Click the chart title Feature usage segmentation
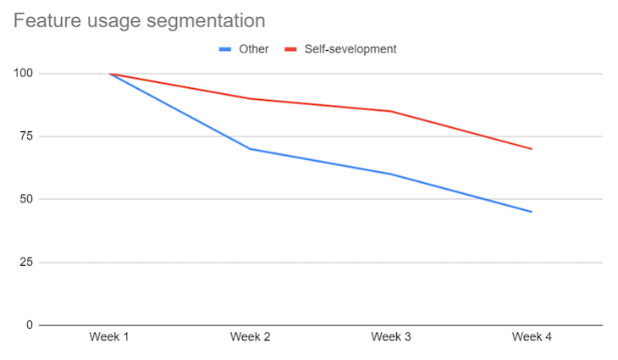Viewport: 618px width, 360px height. coord(139,19)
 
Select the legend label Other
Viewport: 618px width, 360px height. coord(254,49)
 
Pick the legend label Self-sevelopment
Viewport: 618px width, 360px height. coord(350,49)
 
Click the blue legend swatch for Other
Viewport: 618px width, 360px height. coord(225,49)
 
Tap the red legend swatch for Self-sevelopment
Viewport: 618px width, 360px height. coord(290,49)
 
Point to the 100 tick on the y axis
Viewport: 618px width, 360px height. coord(23,74)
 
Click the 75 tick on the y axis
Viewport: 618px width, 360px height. coord(26,136)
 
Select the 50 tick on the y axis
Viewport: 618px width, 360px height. coord(26,199)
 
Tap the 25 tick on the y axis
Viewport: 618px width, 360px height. coord(26,263)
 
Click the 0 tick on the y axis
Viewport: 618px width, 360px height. coord(30,325)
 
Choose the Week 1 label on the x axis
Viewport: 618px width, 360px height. coord(109,337)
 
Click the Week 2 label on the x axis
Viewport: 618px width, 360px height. coord(250,337)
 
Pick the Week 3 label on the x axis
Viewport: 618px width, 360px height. coord(391,337)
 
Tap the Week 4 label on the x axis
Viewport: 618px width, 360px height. coord(532,337)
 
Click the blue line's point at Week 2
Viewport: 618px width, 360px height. coord(250,149)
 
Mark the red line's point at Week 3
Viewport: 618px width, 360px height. coord(391,111)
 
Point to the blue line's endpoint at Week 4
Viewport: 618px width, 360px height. coord(532,212)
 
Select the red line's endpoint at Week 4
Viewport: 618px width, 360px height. coord(532,149)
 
